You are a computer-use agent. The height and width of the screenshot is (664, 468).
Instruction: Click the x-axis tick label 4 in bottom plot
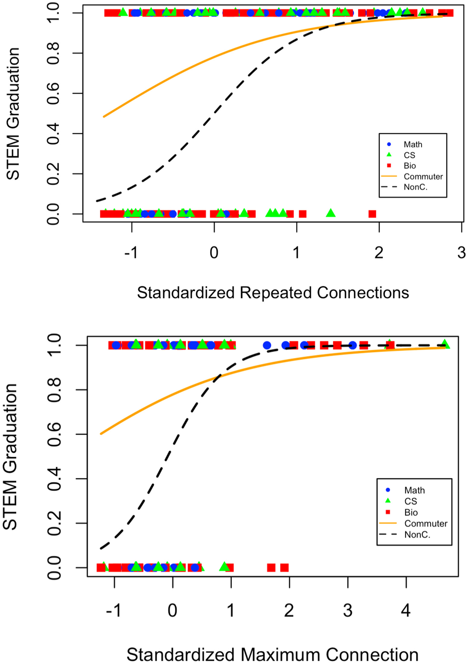406,611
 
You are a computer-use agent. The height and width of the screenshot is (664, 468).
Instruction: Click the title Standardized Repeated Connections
273,293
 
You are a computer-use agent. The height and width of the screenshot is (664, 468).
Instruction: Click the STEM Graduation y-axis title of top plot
13,114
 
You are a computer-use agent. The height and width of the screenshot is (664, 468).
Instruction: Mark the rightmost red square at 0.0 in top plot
372,214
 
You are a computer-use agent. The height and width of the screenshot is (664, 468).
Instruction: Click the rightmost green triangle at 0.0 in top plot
331,213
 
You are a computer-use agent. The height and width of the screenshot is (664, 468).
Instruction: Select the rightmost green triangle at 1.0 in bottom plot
445,344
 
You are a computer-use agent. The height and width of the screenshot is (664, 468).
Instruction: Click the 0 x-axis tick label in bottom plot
172,611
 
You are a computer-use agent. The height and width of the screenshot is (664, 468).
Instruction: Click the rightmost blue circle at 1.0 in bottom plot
352,345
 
